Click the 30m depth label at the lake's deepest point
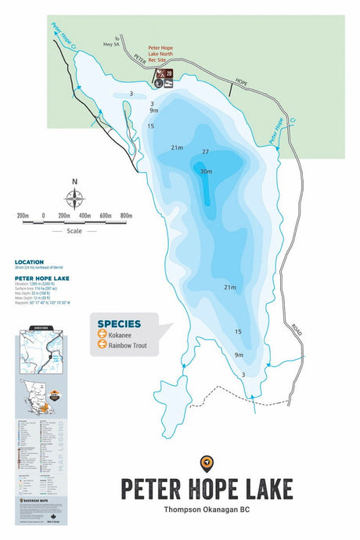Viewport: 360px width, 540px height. pyautogui.click(x=206, y=171)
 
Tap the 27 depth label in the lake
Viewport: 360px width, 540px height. pyautogui.click(x=206, y=152)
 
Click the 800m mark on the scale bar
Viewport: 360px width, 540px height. pyautogui.click(x=125, y=215)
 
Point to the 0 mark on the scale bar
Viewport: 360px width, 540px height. pyautogui.click(x=44, y=215)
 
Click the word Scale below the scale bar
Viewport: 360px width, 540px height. pyautogui.click(x=74, y=231)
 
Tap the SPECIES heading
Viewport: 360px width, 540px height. pyautogui.click(x=119, y=323)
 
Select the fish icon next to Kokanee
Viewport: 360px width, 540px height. pyautogui.click(x=102, y=333)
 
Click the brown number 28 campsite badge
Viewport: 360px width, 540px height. pyautogui.click(x=168, y=74)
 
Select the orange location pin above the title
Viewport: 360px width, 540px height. pyautogui.click(x=207, y=463)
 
